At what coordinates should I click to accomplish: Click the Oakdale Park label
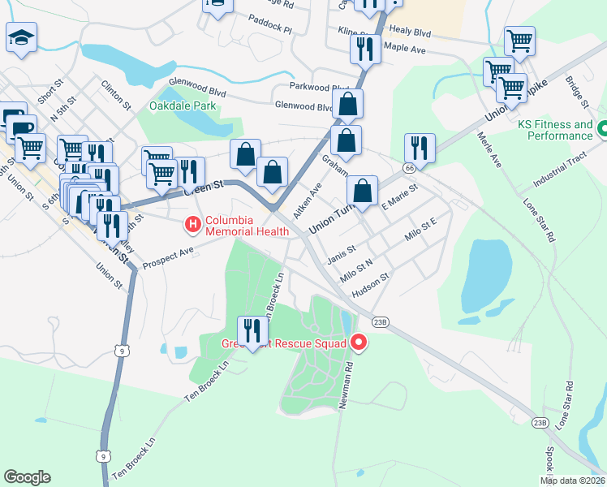tap(183, 106)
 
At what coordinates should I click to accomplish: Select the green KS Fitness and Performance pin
tap(602, 129)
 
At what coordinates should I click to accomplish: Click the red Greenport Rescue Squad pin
tap(359, 343)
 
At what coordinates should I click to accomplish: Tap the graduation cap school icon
tap(22, 37)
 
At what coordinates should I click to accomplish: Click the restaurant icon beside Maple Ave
tap(365, 48)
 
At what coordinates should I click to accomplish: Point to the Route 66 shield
tap(411, 167)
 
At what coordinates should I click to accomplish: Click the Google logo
tap(27, 477)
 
